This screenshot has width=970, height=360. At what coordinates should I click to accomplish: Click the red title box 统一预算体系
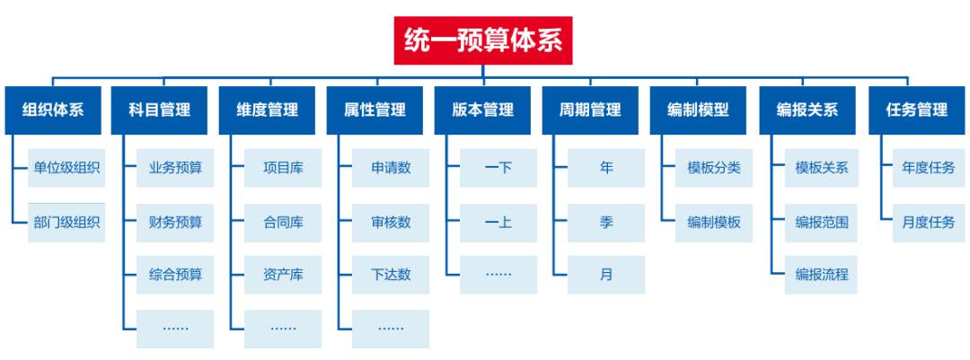[483, 40]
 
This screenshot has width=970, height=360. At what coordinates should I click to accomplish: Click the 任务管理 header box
[915, 110]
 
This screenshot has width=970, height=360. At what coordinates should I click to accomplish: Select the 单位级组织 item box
[66, 169]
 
